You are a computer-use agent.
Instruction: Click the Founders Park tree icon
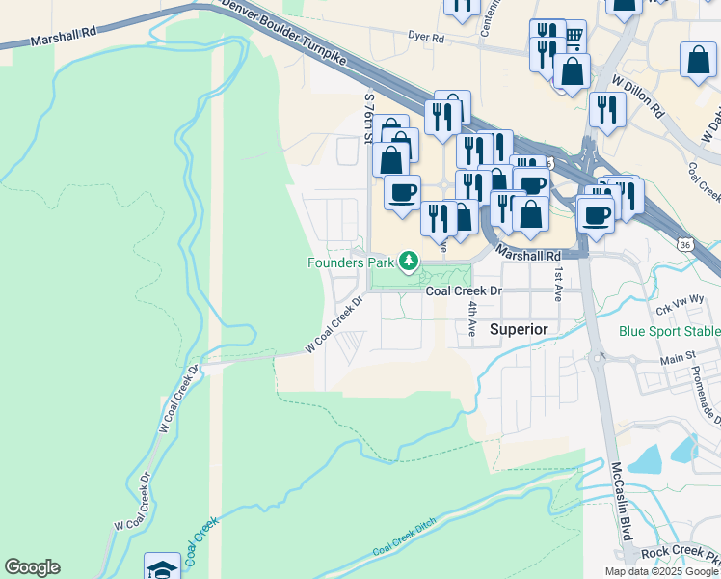410,261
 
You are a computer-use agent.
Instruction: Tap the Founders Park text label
352,262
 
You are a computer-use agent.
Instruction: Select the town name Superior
519,330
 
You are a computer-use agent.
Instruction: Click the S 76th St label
368,118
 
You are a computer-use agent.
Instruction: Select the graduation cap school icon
162,567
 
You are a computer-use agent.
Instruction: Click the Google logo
32,567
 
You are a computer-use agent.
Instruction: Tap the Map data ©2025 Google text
661,571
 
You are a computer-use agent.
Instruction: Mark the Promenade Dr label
711,400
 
